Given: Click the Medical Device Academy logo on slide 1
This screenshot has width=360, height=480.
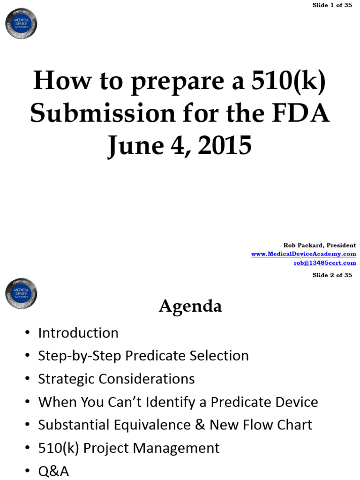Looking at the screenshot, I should (x=21, y=23).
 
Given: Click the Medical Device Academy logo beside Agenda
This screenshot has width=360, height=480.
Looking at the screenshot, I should (x=21, y=293).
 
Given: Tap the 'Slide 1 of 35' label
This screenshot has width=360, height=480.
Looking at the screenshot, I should (x=332, y=5).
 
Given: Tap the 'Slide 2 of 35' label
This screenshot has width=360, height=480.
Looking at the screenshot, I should (x=332, y=275).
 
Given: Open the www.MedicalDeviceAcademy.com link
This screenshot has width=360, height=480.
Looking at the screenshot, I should (x=303, y=254).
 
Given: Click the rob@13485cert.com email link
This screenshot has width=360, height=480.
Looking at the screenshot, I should (x=325, y=263).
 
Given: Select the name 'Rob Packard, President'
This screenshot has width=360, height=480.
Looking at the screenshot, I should (x=320, y=245).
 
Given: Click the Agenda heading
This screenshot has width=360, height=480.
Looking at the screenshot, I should (x=190, y=307).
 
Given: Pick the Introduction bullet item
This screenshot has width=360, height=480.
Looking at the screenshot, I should (x=78, y=333).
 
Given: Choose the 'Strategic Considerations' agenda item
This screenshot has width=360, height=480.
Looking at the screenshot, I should (x=116, y=379).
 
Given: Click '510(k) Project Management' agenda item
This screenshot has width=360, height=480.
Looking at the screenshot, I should (x=128, y=448).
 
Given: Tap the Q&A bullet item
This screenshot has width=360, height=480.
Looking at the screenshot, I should (x=53, y=471).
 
